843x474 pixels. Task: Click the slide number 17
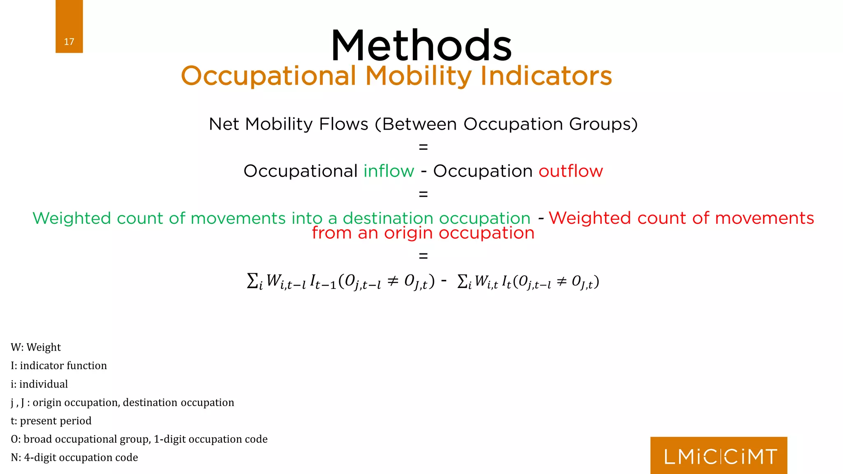coord(69,42)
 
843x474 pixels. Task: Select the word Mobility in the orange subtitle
coord(418,77)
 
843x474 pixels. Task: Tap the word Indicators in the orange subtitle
coord(546,77)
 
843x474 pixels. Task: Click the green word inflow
coord(389,171)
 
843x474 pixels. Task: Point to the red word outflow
coord(571,171)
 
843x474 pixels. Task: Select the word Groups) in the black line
coord(603,124)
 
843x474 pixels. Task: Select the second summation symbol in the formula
coord(463,281)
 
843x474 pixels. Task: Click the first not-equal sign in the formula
coord(393,281)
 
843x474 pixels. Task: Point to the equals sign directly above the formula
coord(423,256)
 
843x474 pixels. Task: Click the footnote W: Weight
coord(36,347)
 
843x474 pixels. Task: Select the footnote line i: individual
coord(39,384)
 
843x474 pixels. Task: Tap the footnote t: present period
coord(51,421)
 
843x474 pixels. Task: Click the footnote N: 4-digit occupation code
coord(74,457)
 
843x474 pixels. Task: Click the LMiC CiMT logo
coord(719,456)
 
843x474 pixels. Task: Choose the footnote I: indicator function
coord(59,365)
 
